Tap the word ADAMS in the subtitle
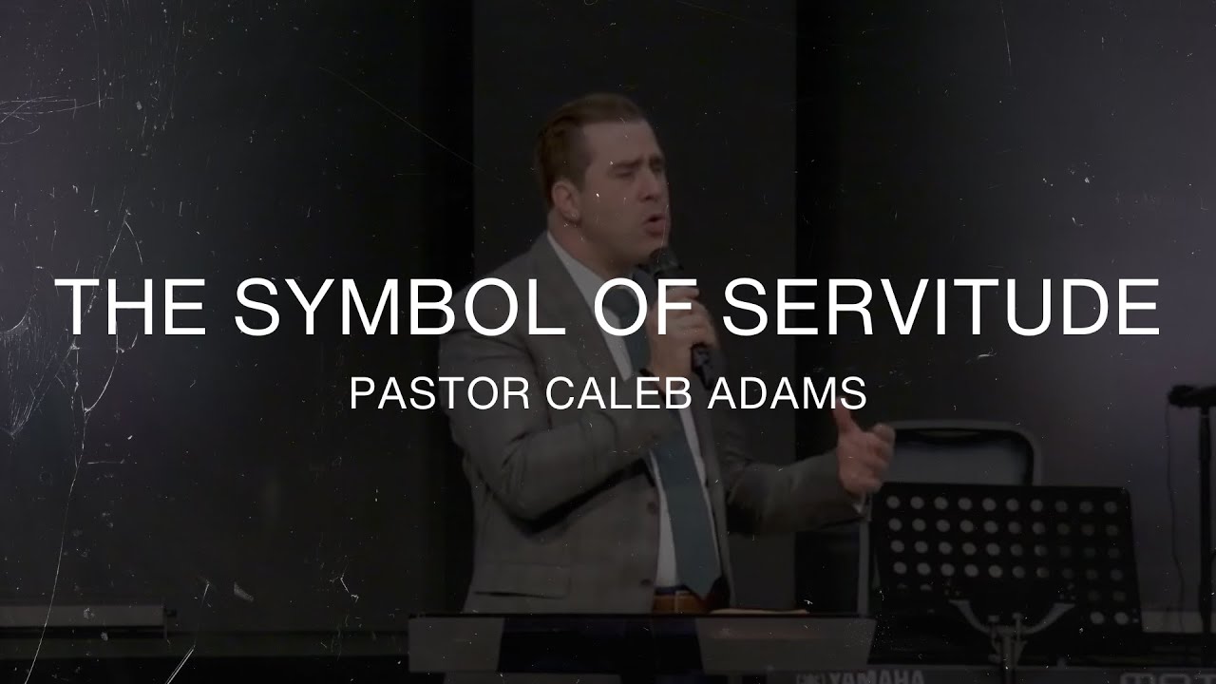coord(779,394)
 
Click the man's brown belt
coord(676,601)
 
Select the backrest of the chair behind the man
coord(959,456)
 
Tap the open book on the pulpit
coord(750,609)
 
